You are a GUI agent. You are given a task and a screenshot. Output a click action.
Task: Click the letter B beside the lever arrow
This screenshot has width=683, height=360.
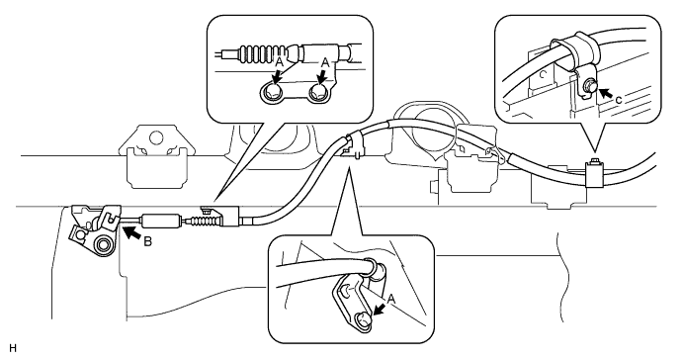coord(148,241)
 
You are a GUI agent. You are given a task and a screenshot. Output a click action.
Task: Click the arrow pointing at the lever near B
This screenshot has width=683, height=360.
coord(132,231)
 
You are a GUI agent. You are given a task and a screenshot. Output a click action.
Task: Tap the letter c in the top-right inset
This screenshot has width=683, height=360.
coord(619,100)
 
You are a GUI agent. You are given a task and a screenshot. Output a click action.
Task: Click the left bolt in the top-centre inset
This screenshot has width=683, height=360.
coord(271,92)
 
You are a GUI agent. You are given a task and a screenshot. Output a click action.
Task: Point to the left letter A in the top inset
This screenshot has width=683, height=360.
coord(280,63)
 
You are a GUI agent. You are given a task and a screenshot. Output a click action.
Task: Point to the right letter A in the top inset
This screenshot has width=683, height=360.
coord(324,63)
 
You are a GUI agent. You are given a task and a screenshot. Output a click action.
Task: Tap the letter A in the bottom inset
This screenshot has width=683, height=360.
coord(391,299)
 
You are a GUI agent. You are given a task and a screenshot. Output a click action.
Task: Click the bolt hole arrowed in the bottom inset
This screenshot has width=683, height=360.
coord(363,319)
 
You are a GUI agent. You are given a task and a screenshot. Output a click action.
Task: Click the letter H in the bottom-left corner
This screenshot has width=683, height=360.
coord(12,348)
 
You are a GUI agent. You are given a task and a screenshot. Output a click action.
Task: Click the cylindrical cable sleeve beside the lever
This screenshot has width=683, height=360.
coord(160,221)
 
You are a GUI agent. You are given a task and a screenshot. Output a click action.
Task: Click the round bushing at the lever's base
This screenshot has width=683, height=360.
coord(104,244)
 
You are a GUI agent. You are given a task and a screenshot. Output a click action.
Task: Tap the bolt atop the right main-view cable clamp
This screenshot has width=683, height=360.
coord(593,162)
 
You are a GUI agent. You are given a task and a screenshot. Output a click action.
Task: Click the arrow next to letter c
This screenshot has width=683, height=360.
coord(605,93)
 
